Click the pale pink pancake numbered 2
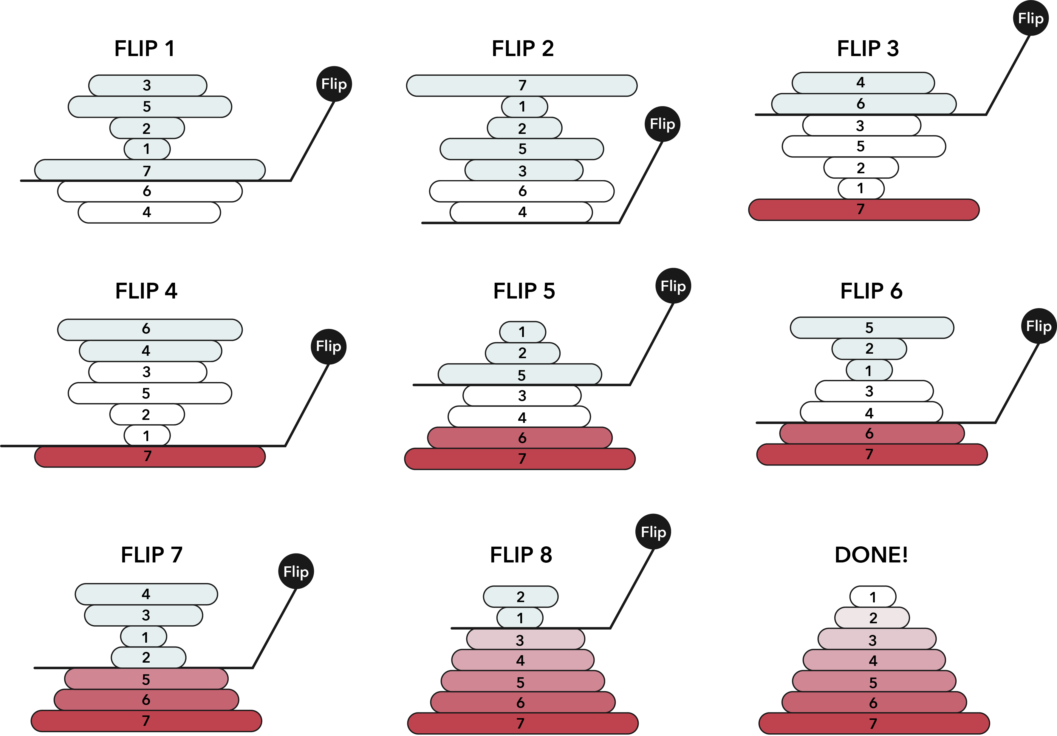(872, 618)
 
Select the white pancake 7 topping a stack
(521, 85)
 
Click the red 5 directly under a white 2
(146, 679)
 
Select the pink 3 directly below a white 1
(525, 639)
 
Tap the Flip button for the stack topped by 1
(673, 286)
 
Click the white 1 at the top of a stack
(522, 332)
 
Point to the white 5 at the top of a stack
(872, 327)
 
